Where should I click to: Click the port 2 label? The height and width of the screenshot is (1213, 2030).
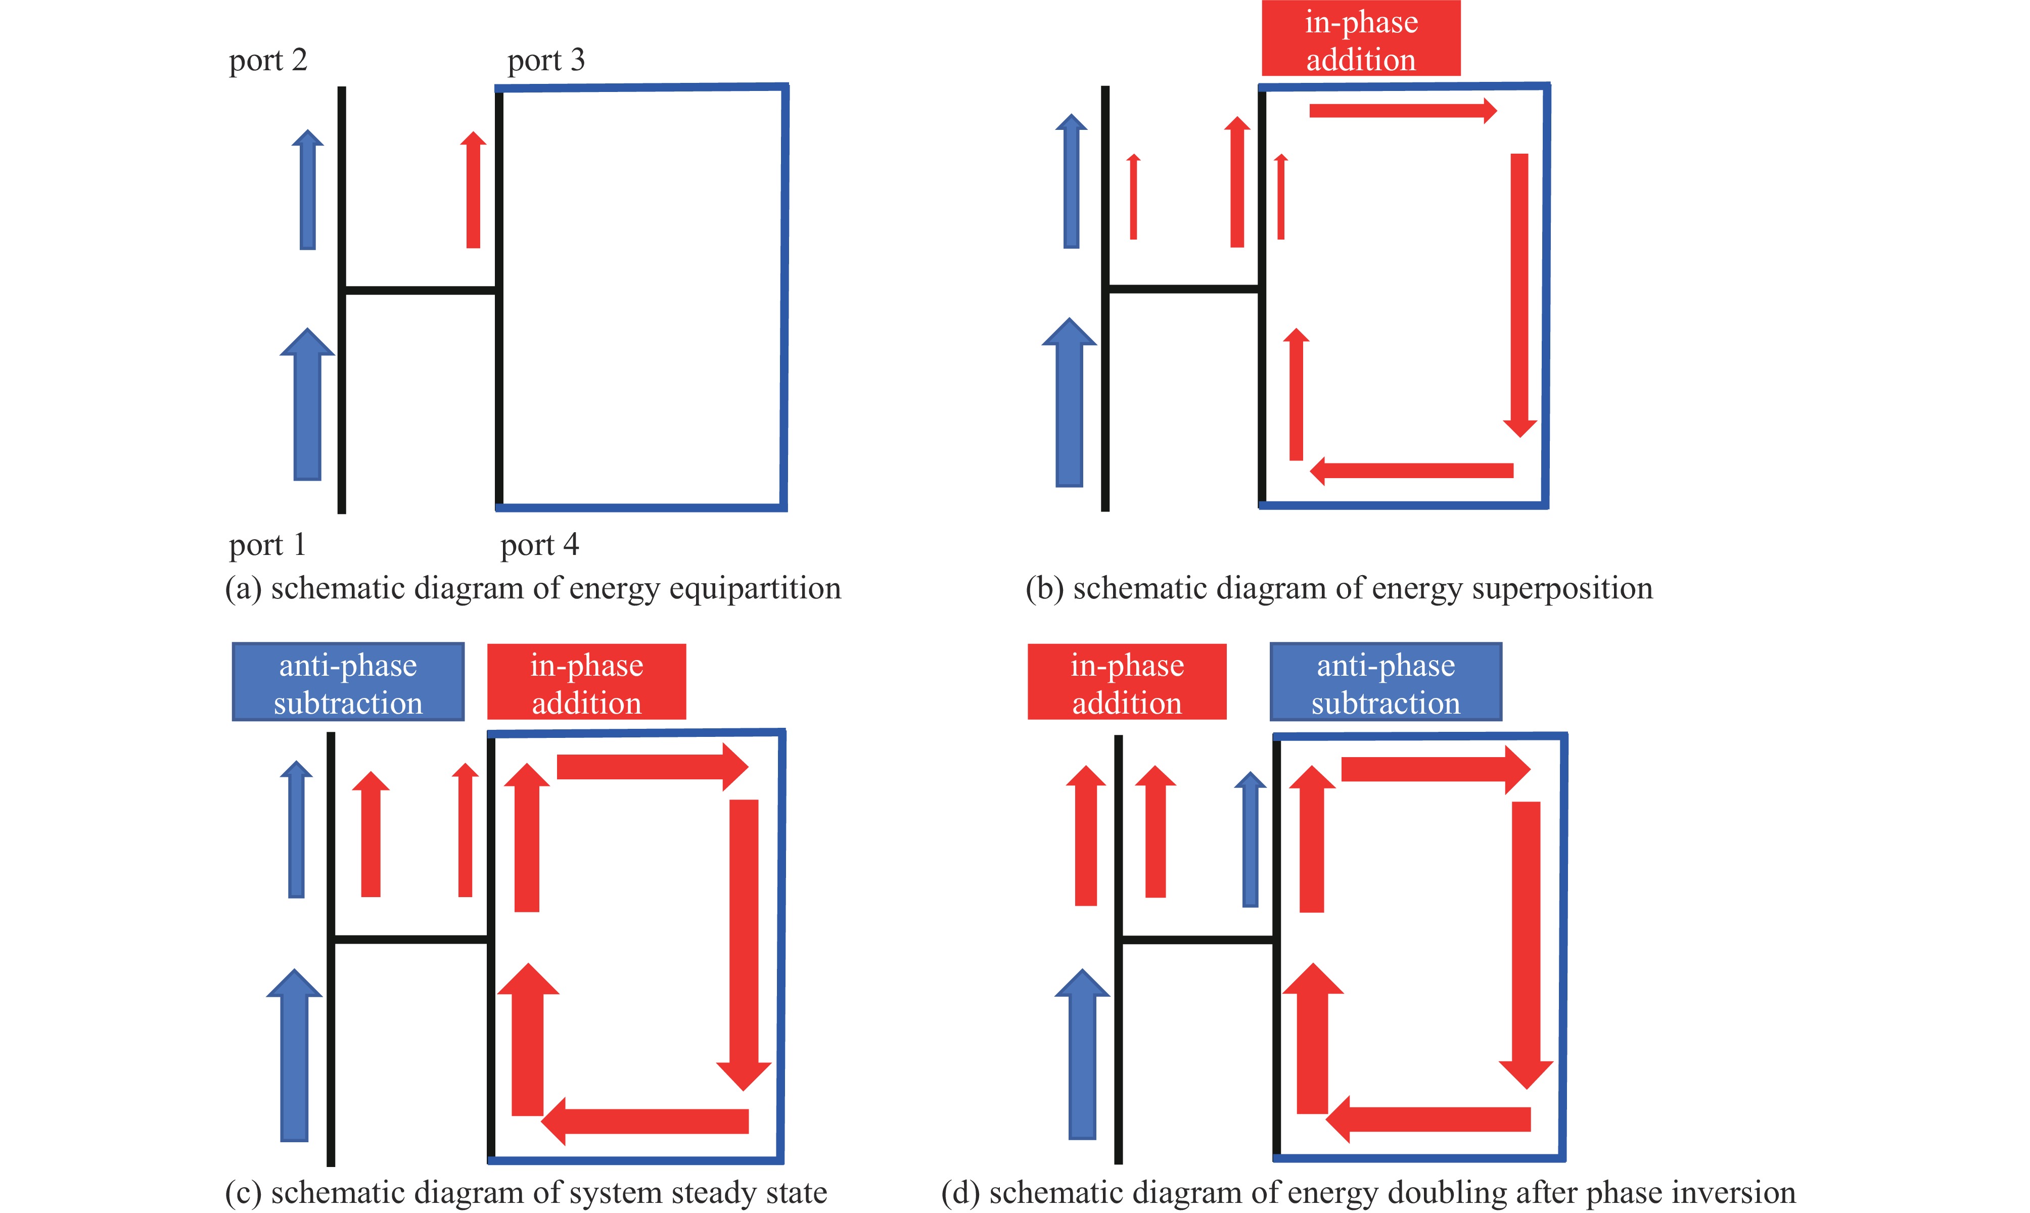pos(267,61)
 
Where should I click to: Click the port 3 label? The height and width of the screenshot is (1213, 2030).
pos(546,61)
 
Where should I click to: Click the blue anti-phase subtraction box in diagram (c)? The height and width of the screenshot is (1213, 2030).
pos(348,682)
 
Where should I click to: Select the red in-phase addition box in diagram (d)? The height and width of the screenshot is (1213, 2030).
pos(1127,682)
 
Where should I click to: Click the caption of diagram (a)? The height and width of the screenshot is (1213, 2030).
pos(533,588)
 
